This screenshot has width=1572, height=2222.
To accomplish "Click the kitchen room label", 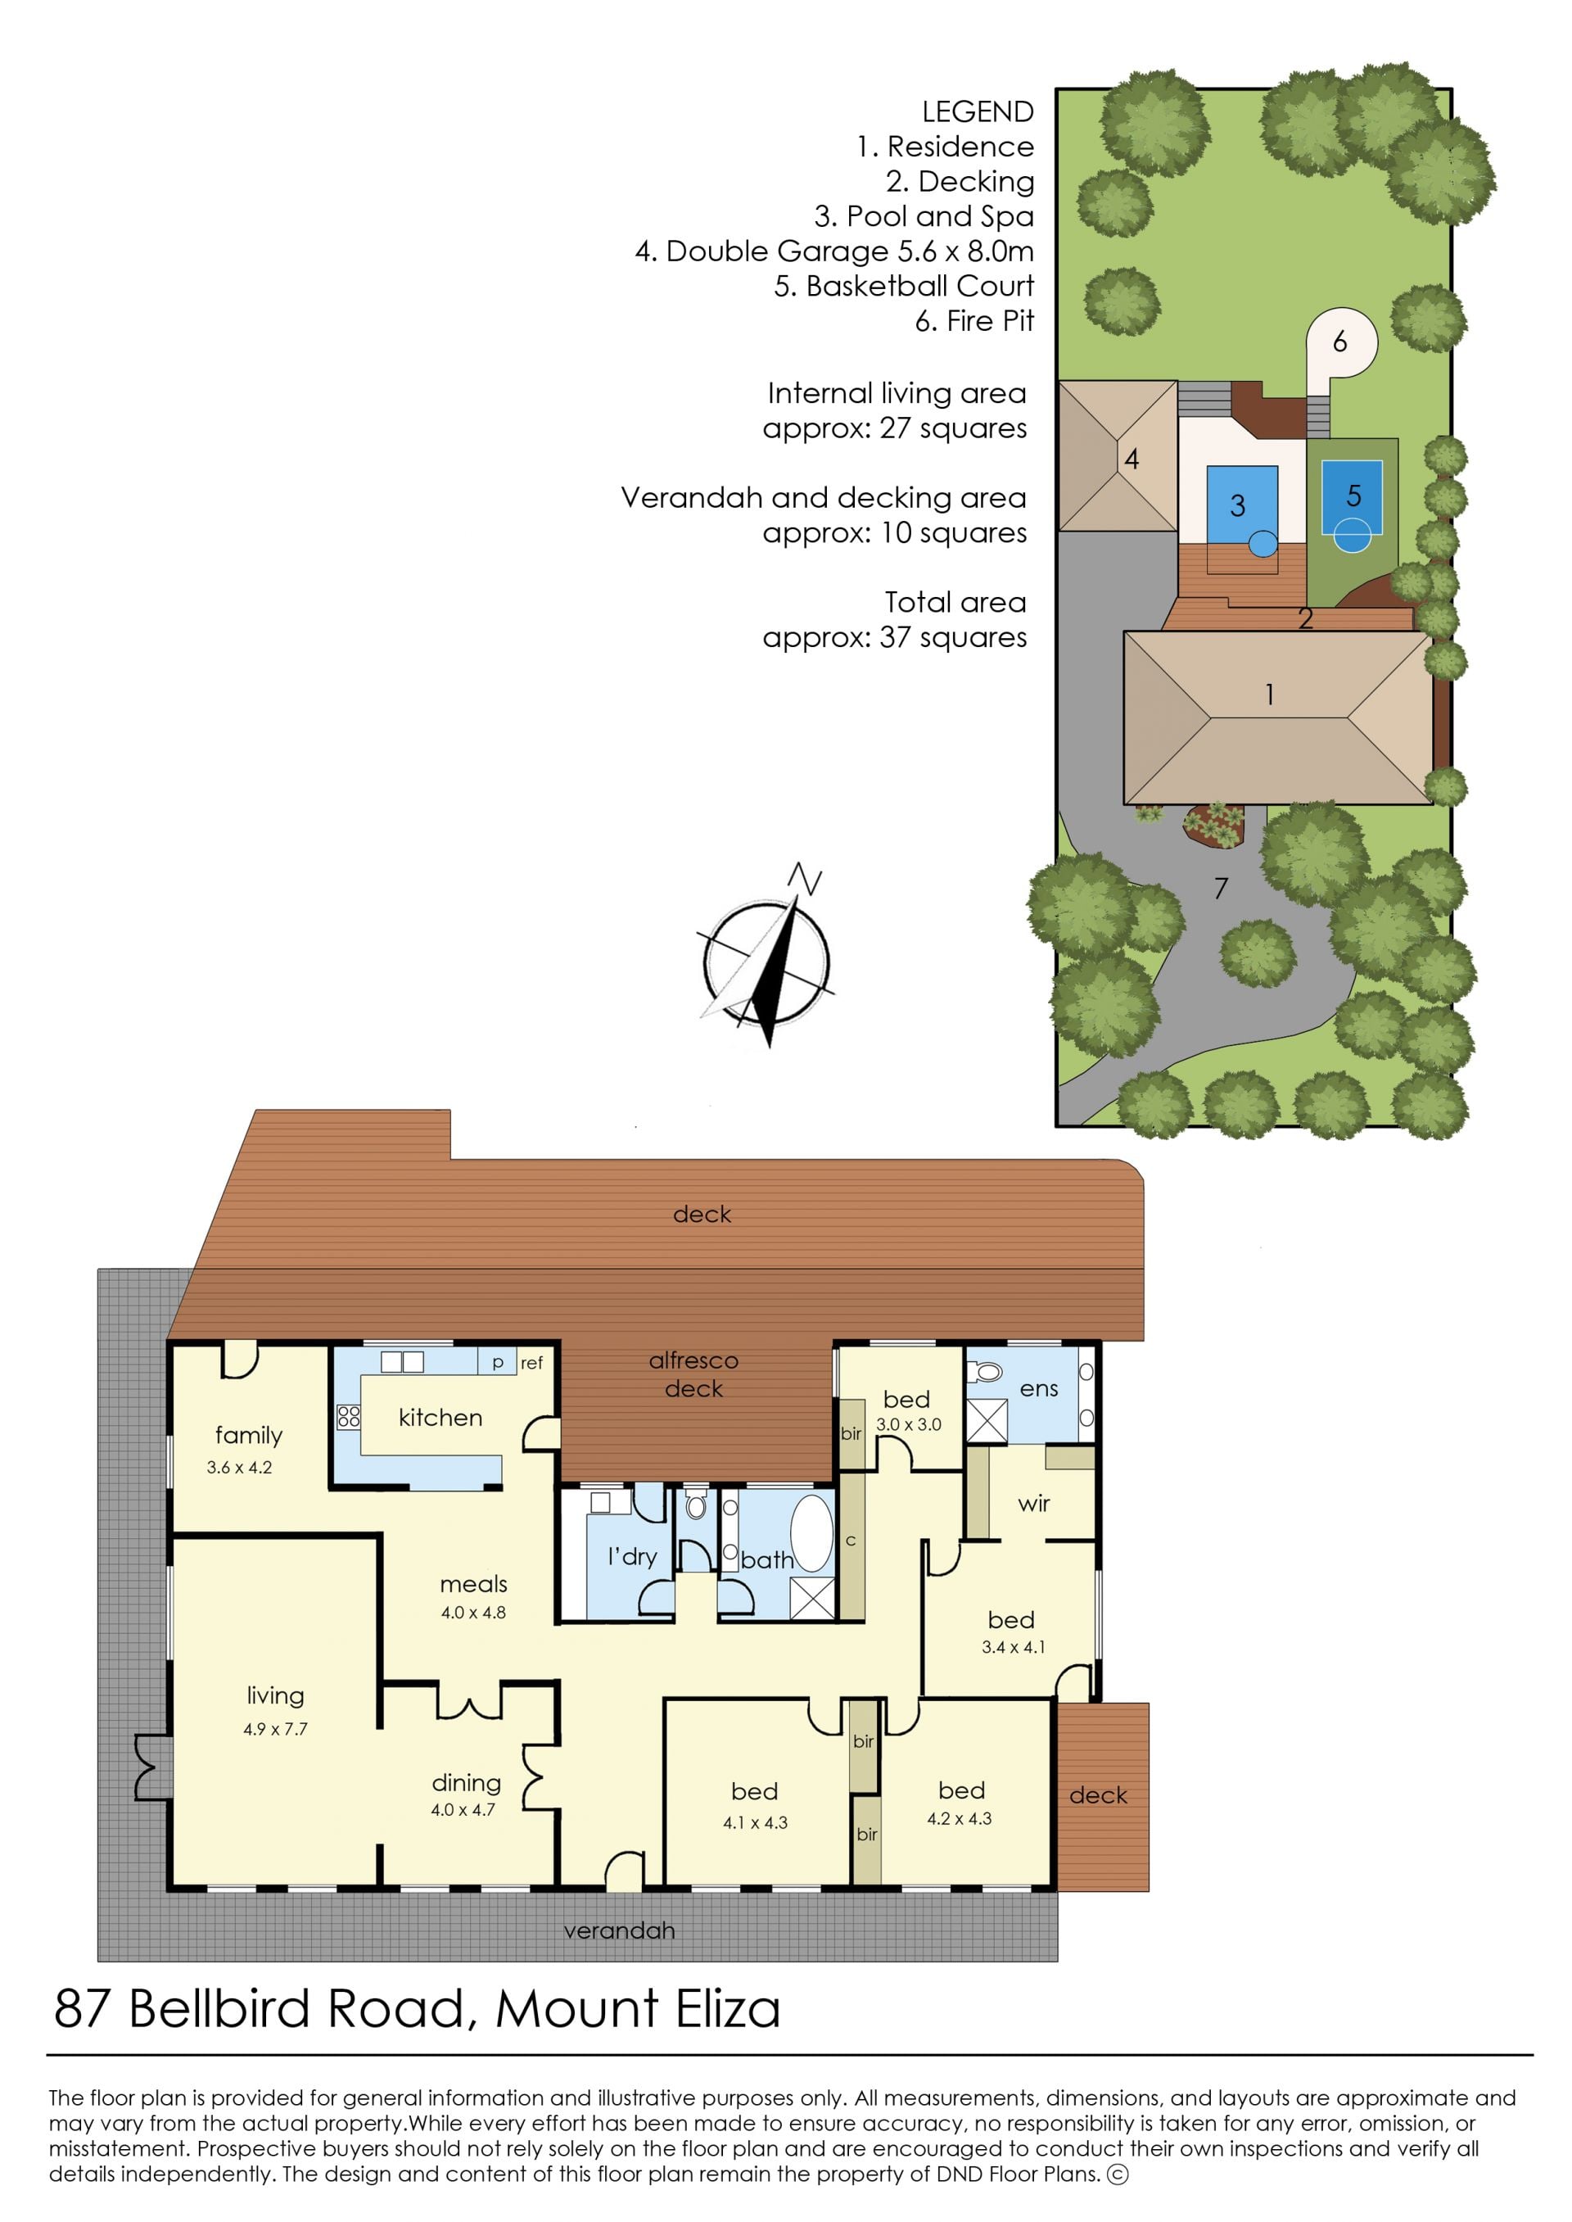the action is [x=440, y=1418].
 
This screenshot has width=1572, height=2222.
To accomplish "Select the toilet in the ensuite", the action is [x=986, y=1371].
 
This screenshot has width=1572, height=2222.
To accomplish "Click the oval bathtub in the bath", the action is [x=811, y=1532].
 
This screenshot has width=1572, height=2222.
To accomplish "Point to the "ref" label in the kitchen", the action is [x=531, y=1363].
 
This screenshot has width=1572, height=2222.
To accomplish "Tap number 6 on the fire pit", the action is [x=1339, y=341].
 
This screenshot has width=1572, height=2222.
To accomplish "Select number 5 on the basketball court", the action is [x=1354, y=496].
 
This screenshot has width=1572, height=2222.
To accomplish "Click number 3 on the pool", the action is [x=1237, y=505].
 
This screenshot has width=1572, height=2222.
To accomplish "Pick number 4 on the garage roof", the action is [x=1132, y=459].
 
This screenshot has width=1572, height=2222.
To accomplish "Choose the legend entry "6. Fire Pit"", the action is [x=975, y=321].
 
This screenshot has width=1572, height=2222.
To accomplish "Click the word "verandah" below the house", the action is [x=620, y=1930].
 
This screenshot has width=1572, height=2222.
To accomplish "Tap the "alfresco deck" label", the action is [x=694, y=1375].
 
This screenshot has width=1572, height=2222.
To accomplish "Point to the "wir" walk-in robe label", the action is [x=1034, y=1504].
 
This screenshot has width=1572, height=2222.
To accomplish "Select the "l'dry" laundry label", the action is [x=632, y=1557].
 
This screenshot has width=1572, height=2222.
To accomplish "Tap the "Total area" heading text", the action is [x=955, y=602].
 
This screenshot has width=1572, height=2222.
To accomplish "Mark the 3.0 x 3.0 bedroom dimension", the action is [x=908, y=1425].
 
